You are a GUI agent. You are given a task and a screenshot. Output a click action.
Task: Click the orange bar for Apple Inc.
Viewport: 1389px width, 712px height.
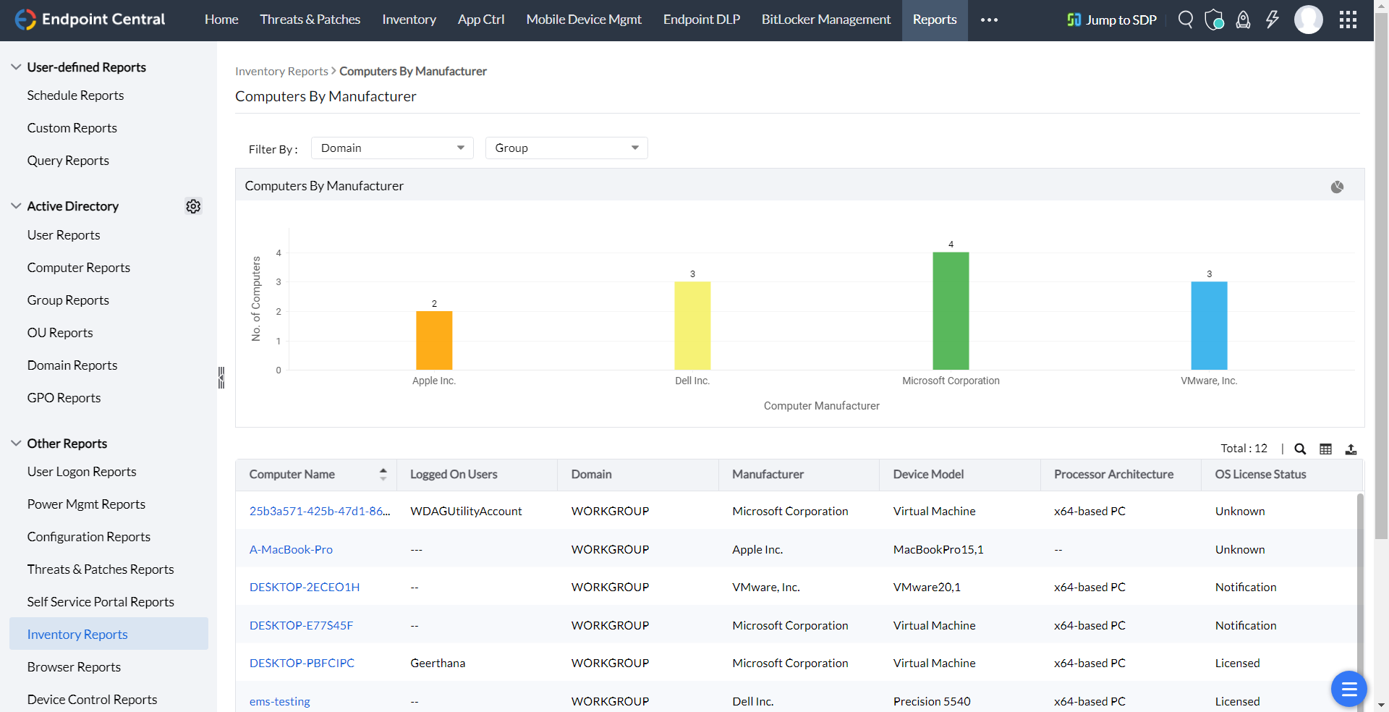[x=434, y=340]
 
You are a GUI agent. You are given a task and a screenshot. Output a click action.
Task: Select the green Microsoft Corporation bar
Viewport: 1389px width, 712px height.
[x=951, y=311]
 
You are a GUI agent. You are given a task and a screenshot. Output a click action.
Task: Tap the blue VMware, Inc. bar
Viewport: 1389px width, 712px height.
[x=1209, y=326]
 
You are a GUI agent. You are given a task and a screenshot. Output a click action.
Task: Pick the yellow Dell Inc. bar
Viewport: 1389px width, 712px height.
[x=692, y=326]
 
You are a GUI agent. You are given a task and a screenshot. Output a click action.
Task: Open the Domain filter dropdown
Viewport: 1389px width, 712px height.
[x=392, y=148]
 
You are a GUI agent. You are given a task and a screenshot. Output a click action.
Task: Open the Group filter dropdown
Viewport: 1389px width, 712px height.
[x=566, y=148]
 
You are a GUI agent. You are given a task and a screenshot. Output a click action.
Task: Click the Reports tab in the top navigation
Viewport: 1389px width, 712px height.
[x=934, y=20]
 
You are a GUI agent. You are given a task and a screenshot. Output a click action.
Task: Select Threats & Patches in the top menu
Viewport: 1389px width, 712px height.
[x=310, y=20]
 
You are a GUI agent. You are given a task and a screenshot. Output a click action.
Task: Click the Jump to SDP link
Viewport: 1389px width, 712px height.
[x=1112, y=20]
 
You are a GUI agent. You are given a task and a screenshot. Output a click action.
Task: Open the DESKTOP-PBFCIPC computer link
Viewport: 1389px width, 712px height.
[x=302, y=663]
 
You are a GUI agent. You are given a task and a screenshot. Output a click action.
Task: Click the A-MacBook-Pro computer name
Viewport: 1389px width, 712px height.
[x=291, y=549]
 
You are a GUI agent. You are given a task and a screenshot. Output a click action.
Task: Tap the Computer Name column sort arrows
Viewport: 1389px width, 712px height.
[x=383, y=474]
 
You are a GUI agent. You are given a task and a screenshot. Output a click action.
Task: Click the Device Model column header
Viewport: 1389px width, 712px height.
[x=928, y=474]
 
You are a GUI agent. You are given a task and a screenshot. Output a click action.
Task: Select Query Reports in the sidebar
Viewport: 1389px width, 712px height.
[x=68, y=161]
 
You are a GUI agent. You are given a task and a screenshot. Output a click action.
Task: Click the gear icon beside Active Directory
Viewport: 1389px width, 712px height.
[x=193, y=206]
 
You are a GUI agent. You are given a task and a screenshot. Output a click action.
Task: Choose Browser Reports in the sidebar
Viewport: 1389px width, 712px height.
[x=74, y=667]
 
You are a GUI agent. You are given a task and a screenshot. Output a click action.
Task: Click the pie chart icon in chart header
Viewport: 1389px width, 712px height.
[x=1337, y=187]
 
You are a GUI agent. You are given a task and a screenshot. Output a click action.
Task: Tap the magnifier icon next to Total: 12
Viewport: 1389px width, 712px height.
[x=1300, y=449]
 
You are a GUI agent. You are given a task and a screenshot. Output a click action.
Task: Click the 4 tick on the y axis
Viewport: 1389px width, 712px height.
[x=279, y=253]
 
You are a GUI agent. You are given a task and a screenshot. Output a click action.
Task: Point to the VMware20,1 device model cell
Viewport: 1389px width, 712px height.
[x=927, y=587]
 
